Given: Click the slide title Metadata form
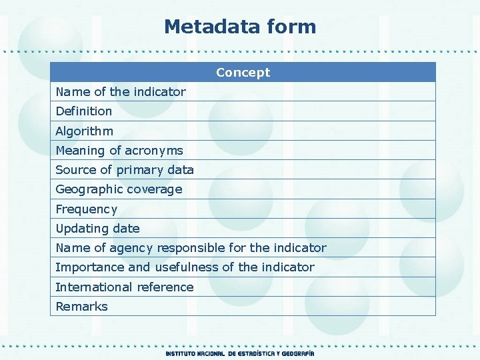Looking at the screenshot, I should [240, 27].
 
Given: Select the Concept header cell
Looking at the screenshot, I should [243, 72].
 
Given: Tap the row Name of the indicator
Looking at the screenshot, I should [121, 91].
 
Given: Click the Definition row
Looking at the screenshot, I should [84, 111].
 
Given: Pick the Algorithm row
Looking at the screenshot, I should [85, 131].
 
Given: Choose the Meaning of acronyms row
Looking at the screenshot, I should [119, 150].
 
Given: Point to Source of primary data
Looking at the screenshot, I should [125, 169].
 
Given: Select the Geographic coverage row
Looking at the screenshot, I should [119, 189].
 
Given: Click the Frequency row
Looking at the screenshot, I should [87, 209].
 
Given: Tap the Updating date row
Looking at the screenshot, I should [98, 228].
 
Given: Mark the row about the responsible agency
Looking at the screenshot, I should [191, 248].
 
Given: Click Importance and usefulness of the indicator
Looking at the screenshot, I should [185, 267].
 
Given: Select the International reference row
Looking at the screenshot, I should [125, 287].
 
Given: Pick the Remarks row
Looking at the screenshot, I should [81, 307].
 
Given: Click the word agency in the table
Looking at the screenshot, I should [131, 248].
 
